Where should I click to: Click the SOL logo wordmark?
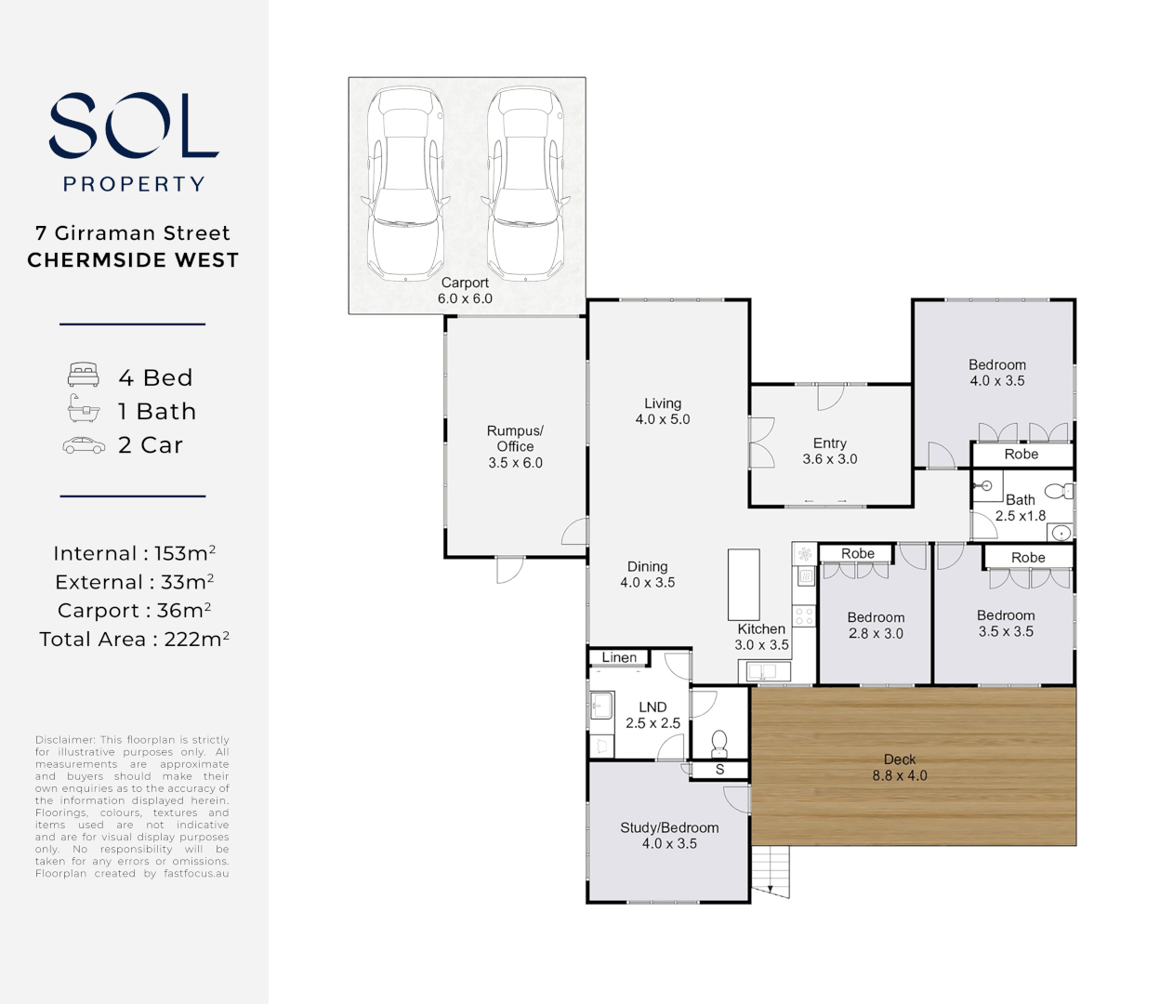click(x=133, y=125)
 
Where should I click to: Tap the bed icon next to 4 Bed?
click(x=84, y=375)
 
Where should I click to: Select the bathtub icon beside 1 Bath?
click(x=84, y=409)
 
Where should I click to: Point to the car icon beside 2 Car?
click(x=84, y=445)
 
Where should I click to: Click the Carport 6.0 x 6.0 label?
click(x=465, y=291)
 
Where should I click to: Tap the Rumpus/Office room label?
click(x=515, y=446)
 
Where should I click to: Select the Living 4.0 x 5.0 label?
click(x=663, y=411)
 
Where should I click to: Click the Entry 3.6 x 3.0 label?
click(x=830, y=451)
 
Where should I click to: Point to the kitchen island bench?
click(x=744, y=585)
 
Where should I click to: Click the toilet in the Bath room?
click(x=1058, y=491)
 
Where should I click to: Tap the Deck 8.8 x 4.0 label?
click(x=900, y=767)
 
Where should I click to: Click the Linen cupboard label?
click(x=619, y=657)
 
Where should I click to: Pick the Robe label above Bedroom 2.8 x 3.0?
click(x=858, y=553)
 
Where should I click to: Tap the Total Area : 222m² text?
click(x=134, y=639)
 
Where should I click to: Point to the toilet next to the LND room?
click(x=718, y=743)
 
